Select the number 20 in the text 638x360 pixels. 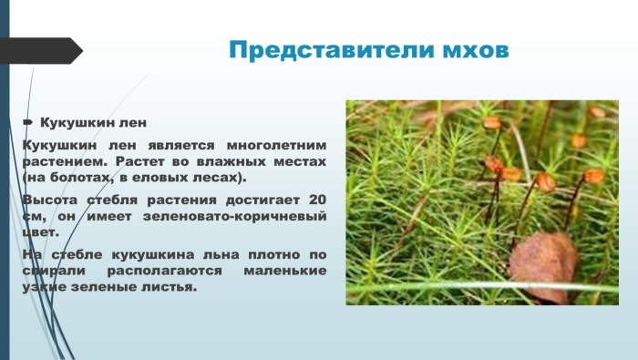tap(315, 200)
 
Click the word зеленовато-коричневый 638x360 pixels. tap(235, 215)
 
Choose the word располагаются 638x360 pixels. tap(164, 270)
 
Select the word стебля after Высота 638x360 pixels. tap(118, 200)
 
